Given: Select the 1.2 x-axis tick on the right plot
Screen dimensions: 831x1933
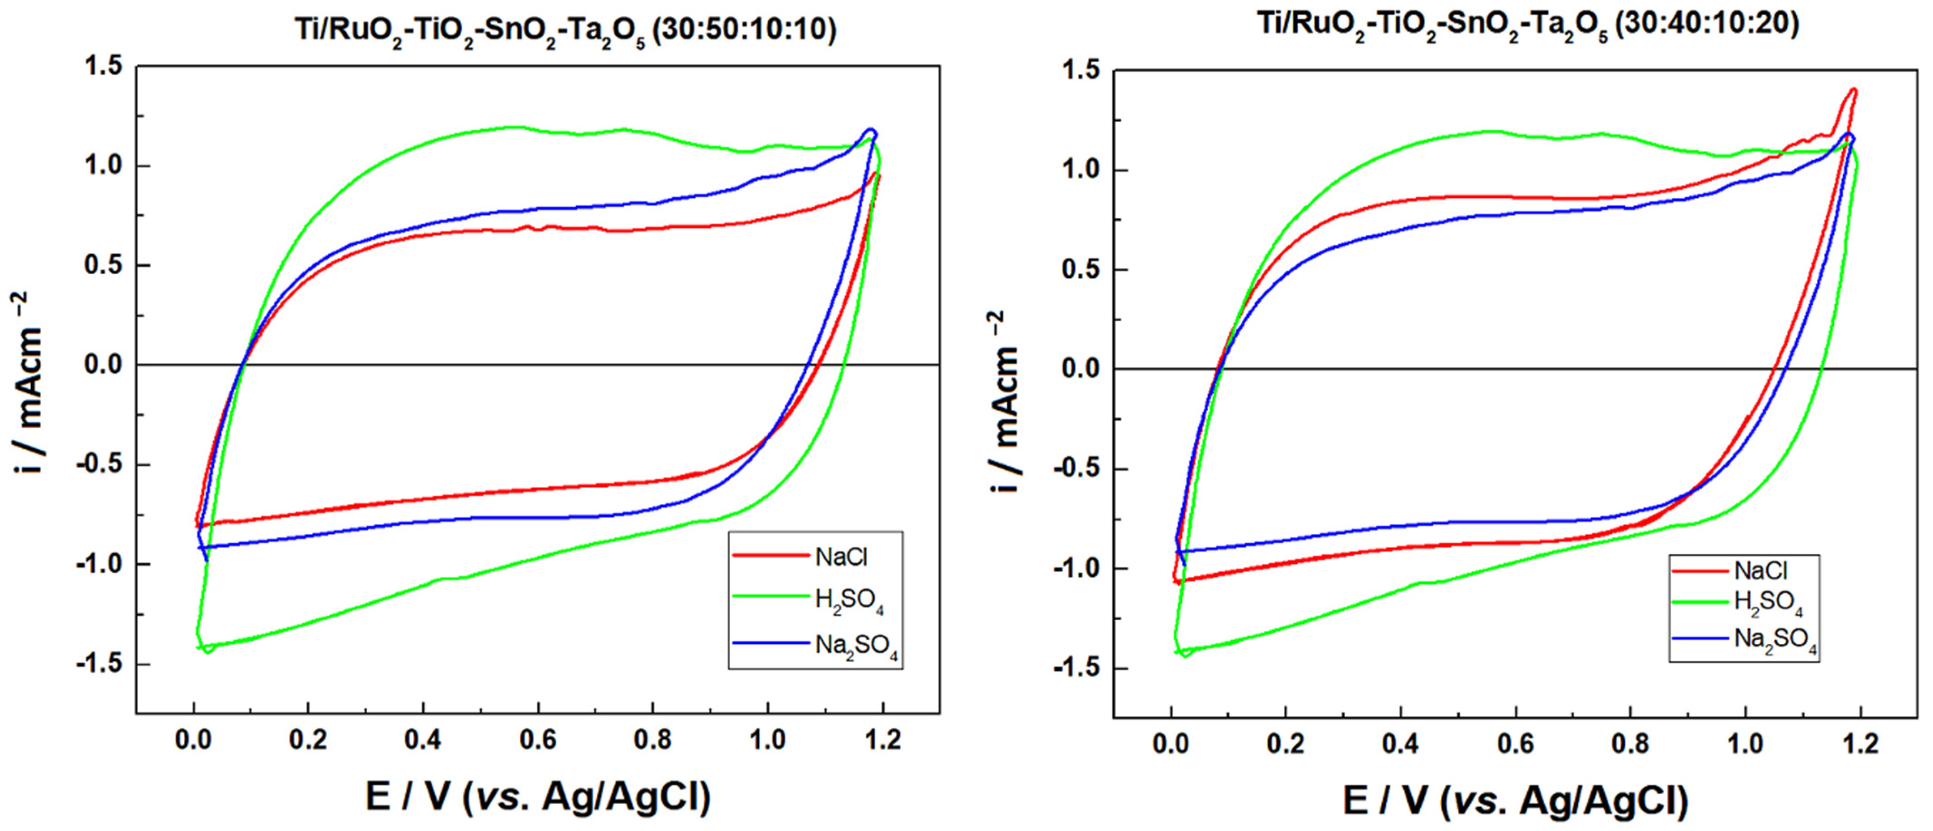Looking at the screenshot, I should click(1860, 744).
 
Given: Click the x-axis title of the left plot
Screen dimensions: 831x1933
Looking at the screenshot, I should click(538, 797).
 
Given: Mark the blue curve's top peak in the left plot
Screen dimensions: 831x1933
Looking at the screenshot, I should click(871, 130).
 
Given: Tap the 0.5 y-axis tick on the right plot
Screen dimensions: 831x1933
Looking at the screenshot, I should click(1082, 269).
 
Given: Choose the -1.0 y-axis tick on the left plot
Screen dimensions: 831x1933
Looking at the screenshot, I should click(97, 564).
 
